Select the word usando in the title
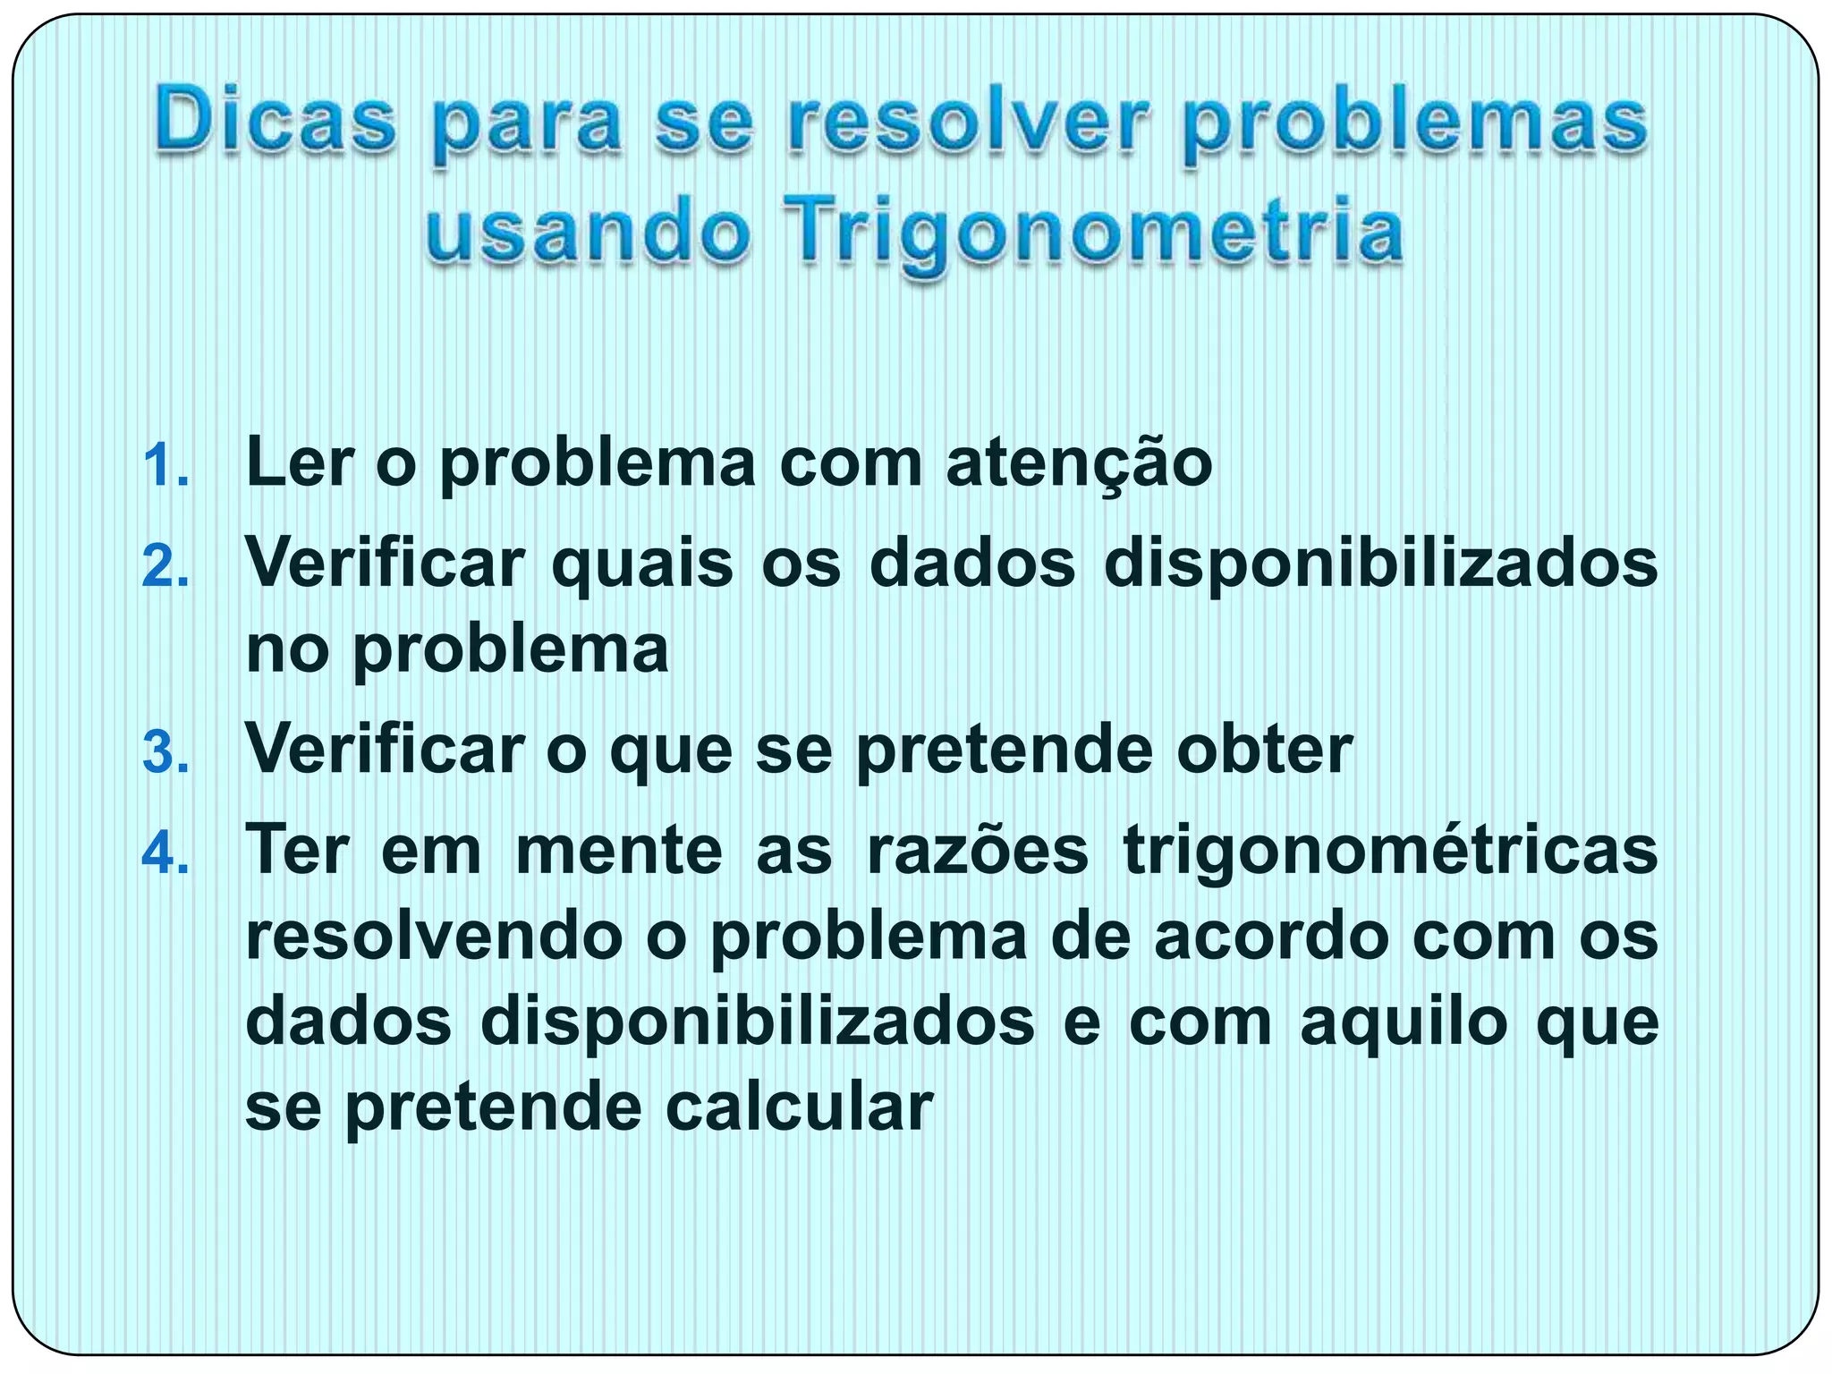coord(586,231)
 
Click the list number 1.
coord(165,466)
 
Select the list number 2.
coord(165,567)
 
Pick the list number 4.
coord(165,852)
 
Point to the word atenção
coord(1079,463)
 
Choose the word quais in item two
coord(642,564)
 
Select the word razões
coord(977,850)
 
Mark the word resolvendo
coord(433,937)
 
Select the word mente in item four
coord(619,850)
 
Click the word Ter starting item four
coord(297,850)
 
